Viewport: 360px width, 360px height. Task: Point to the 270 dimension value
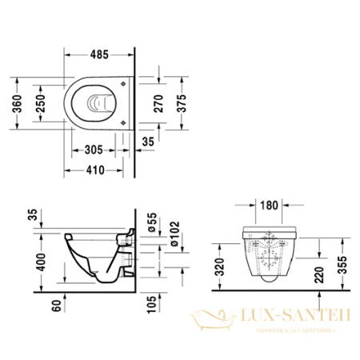tap(159, 104)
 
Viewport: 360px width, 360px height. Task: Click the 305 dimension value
tap(93, 149)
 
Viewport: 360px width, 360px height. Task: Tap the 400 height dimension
tap(30, 262)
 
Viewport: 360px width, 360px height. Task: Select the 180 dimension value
tap(270, 206)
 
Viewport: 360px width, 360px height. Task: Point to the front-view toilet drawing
tap(269, 252)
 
